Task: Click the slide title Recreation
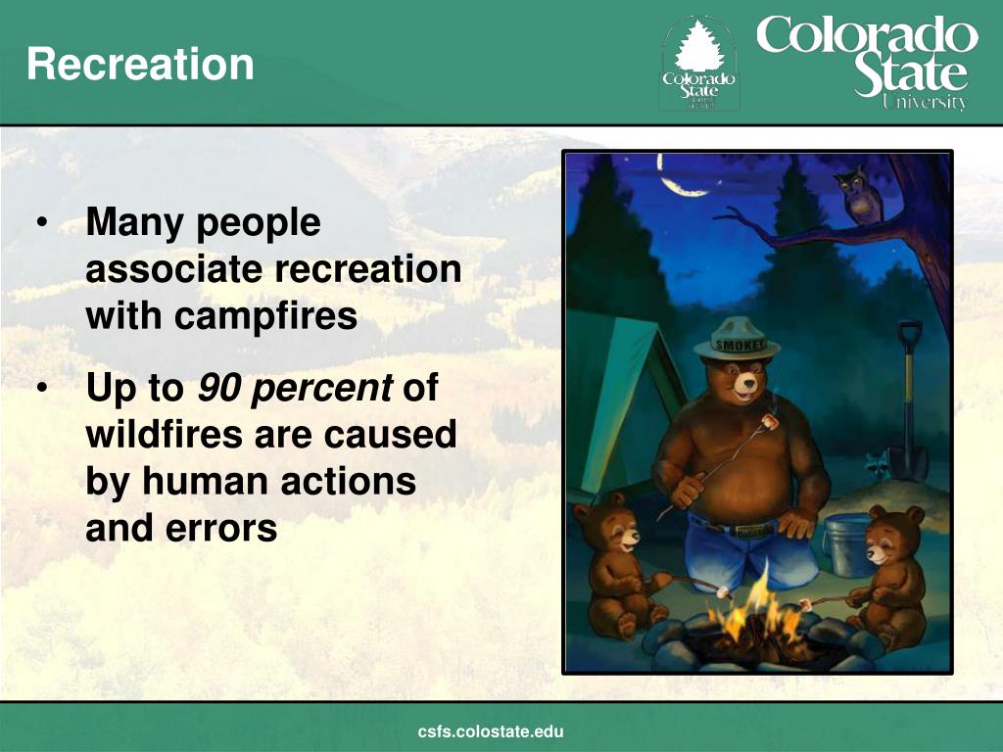pyautogui.click(x=140, y=65)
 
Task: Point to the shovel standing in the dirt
pyautogui.click(x=908, y=401)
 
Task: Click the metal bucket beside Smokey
pyautogui.click(x=847, y=543)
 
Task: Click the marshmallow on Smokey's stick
pyautogui.click(x=770, y=423)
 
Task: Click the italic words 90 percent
pyautogui.click(x=295, y=389)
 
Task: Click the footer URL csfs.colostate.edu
pyautogui.click(x=491, y=730)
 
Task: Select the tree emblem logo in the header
pyautogui.click(x=698, y=61)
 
